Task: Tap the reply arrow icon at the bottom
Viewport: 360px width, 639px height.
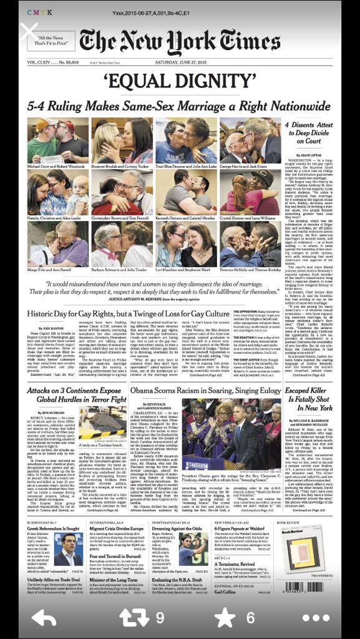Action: [x=44, y=618]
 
